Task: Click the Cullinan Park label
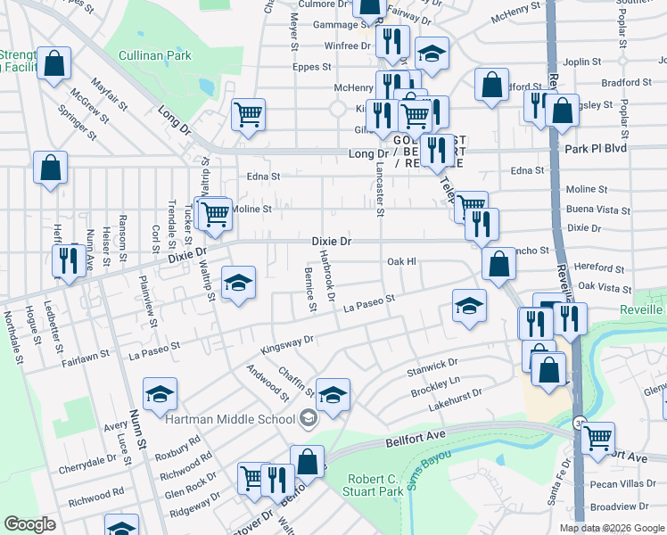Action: coord(154,55)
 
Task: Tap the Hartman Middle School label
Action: coord(229,418)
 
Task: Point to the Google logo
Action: coord(29,524)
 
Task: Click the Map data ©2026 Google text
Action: coord(612,528)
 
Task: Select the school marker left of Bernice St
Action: coord(238,283)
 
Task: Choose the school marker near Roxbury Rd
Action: coord(160,393)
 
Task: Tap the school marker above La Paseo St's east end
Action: coord(469,306)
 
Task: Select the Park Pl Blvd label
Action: coord(596,149)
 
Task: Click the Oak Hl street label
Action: coord(401,261)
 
